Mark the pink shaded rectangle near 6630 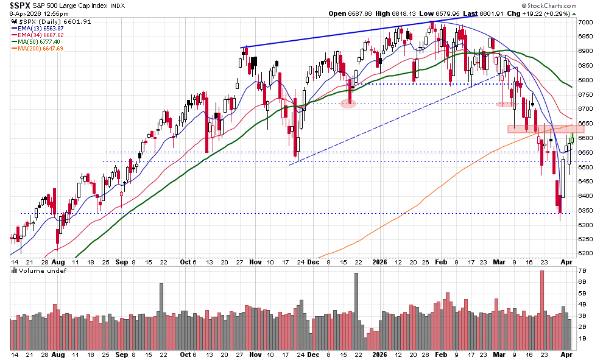546,129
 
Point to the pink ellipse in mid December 348,104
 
